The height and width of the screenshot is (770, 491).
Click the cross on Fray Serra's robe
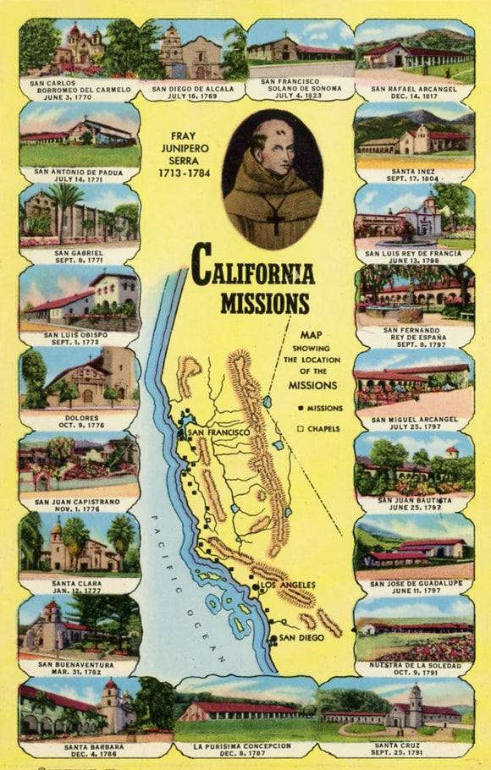[x=275, y=222]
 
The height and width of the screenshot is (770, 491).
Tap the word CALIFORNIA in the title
[x=252, y=271]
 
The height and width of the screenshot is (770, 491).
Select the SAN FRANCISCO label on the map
[x=218, y=433]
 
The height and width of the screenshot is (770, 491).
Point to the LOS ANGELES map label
[x=287, y=586]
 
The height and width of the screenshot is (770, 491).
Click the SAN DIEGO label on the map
[x=301, y=637]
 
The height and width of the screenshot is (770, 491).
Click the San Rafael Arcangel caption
[x=414, y=91]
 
